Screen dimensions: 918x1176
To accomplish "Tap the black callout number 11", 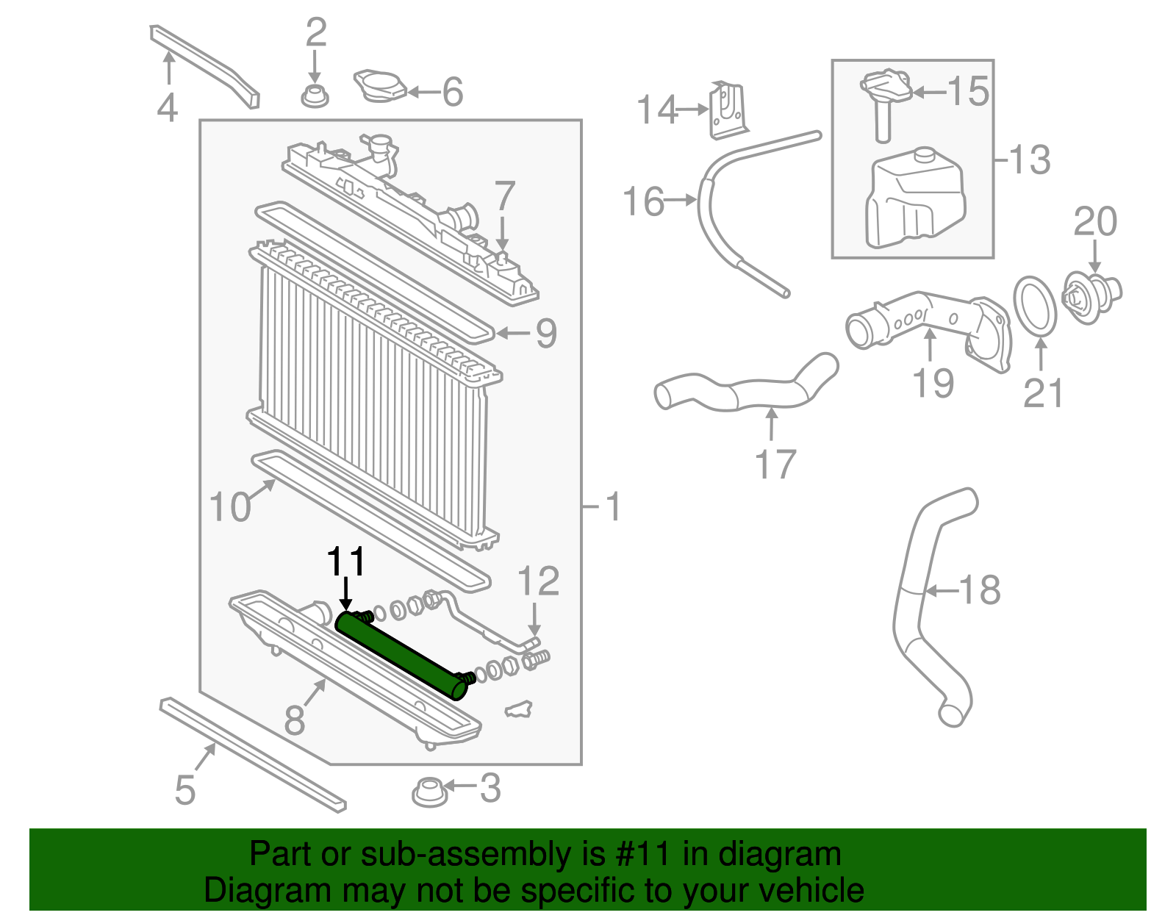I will coord(346,563).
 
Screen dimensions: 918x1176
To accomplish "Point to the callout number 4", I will coord(168,107).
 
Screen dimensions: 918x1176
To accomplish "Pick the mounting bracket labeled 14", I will coord(728,110).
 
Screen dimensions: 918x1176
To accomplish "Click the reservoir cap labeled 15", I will coord(886,88).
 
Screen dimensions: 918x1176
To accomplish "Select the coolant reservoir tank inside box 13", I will coord(915,198).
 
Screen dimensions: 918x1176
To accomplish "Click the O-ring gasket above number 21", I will coord(1035,305).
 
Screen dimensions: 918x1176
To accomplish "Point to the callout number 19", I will coord(933,383).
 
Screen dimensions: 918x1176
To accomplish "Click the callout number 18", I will coord(980,590).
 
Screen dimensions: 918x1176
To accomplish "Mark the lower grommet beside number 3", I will coord(429,792).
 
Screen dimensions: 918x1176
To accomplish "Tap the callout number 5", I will coord(185,790).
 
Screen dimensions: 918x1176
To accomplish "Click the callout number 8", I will coord(295,720).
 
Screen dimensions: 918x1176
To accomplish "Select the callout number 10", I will coord(230,507).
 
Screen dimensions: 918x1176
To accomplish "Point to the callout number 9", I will coord(546,334).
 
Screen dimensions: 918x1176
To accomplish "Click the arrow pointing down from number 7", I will coord(503,234).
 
